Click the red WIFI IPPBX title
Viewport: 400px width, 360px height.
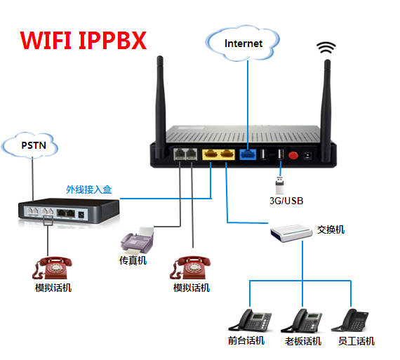(84, 40)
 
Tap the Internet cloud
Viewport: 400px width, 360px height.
(243, 43)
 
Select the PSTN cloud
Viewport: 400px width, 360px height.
(30, 145)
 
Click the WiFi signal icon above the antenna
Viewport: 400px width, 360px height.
(326, 48)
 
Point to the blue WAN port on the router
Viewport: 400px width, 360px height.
(248, 154)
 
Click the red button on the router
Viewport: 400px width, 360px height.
(293, 155)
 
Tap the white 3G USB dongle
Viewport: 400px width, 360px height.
(279, 185)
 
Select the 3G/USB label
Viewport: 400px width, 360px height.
(286, 201)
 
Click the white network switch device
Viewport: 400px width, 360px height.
(291, 233)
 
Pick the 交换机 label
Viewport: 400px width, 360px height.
(331, 229)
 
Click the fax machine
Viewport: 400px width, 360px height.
(138, 240)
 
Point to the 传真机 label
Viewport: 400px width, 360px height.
(133, 260)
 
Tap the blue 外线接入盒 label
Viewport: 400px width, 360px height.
(89, 189)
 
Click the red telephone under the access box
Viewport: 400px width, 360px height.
(52, 268)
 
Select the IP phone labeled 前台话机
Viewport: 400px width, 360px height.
(250, 321)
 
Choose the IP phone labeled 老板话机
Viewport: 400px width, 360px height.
(301, 321)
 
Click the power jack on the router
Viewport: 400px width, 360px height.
(308, 155)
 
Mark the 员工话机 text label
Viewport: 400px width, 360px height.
(356, 341)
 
